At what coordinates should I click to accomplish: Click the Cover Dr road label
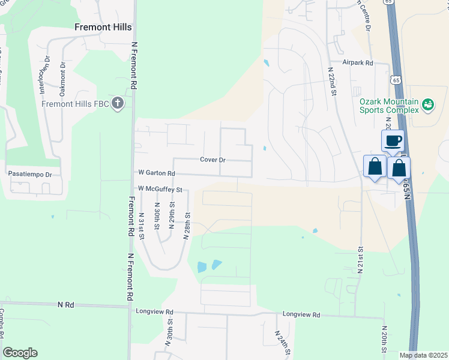tap(213, 160)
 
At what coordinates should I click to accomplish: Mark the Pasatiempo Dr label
tap(31, 174)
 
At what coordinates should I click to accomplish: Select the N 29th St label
tap(172, 212)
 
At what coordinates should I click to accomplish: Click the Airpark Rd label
tap(358, 62)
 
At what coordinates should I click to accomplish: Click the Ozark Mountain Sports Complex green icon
tap(428, 105)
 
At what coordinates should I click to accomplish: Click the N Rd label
tap(65, 305)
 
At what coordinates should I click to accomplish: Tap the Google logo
tap(20, 353)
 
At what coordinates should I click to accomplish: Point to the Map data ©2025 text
tap(423, 355)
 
